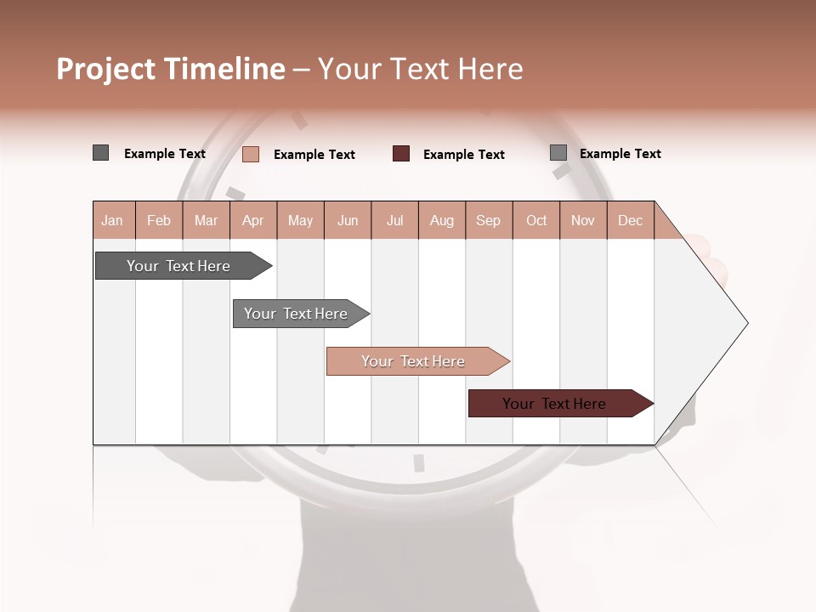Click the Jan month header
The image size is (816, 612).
[112, 220]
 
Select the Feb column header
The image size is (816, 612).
[159, 220]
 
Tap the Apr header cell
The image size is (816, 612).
[253, 220]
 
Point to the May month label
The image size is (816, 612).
[300, 220]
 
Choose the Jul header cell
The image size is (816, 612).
[394, 220]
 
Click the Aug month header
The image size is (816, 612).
[442, 220]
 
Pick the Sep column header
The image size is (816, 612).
[489, 220]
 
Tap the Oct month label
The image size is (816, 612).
[536, 220]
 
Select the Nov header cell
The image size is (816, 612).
[583, 220]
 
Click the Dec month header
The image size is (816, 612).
[631, 220]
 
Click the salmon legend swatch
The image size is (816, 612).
[251, 154]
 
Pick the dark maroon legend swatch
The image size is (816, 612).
[401, 154]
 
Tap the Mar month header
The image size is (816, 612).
[206, 220]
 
